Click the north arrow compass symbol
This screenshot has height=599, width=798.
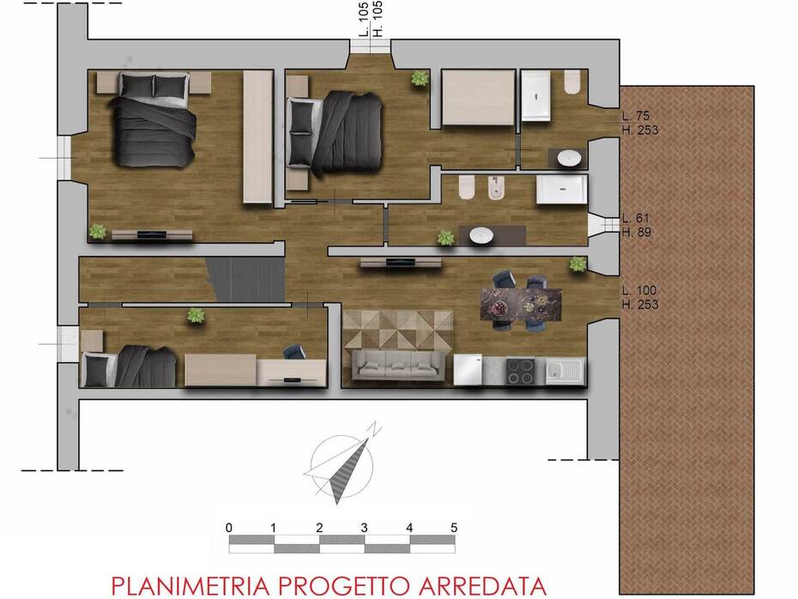[x=342, y=463]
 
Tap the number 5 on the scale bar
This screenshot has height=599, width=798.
[x=454, y=528]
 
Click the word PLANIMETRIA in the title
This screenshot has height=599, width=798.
[x=190, y=586]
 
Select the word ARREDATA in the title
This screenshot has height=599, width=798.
[x=482, y=586]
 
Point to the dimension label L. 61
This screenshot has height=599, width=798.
[x=636, y=218]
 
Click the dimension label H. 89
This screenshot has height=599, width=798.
[x=636, y=233]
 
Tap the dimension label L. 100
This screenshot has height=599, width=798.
[x=639, y=291]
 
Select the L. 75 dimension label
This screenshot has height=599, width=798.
[x=636, y=116]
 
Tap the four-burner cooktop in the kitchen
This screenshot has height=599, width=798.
[x=520, y=371]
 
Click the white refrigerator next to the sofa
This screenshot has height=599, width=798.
[x=467, y=369]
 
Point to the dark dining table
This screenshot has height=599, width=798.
[x=521, y=305]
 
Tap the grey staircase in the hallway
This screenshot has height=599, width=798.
[x=245, y=280]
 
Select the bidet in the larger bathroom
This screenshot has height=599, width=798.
[x=494, y=188]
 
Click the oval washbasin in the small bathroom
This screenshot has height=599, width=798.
[x=570, y=158]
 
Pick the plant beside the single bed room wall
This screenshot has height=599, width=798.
[x=196, y=316]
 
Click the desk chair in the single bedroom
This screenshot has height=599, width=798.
[x=293, y=352]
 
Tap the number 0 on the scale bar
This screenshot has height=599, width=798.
[x=229, y=528]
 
